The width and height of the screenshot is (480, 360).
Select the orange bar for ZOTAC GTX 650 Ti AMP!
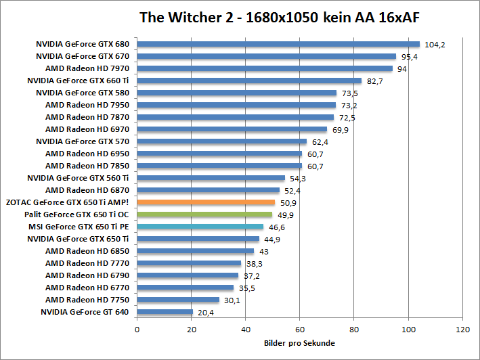[x=206, y=202]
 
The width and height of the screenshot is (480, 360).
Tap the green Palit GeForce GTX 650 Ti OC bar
[x=204, y=214]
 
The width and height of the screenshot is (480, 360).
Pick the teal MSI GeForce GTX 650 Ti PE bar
[x=200, y=227]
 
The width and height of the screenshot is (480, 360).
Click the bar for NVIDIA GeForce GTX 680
[x=278, y=44]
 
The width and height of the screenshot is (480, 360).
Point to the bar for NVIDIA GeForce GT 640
[x=165, y=312]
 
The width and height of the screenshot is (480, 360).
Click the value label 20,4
[x=206, y=313]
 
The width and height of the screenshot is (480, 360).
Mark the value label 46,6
[x=278, y=227]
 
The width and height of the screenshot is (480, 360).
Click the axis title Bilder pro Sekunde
[x=299, y=343]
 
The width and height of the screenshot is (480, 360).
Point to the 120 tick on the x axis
[x=462, y=330]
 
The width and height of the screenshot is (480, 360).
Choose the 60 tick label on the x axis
[x=300, y=330]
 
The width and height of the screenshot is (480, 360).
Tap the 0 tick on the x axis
[x=137, y=330]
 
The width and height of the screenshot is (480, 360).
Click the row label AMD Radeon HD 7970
[x=87, y=68]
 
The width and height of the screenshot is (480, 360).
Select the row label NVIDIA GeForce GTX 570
[x=83, y=141]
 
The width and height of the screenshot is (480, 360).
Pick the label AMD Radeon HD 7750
[x=87, y=300]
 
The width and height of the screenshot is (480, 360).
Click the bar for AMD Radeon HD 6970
[x=232, y=129]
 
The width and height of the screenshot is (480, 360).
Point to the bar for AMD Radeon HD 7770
[x=190, y=263]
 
